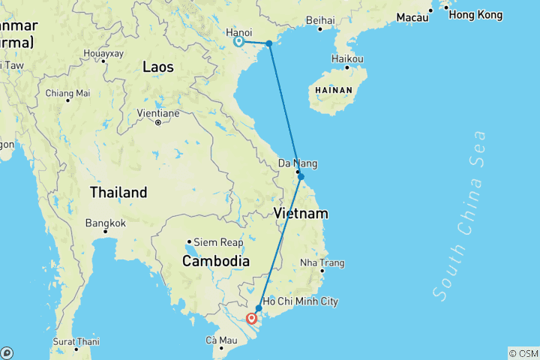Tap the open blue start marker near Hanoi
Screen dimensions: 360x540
click(238, 42)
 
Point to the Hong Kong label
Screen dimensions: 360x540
click(475, 15)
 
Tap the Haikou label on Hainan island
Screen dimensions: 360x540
click(348, 58)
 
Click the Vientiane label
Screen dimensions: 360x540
click(157, 113)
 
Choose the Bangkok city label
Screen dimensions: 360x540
click(105, 223)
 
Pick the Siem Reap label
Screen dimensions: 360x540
click(218, 242)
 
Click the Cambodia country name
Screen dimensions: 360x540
click(215, 261)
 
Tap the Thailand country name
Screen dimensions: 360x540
click(118, 192)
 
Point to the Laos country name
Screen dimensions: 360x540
click(158, 67)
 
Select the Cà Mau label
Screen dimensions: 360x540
click(221, 340)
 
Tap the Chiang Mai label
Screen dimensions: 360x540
click(67, 93)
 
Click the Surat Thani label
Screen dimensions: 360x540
click(76, 341)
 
